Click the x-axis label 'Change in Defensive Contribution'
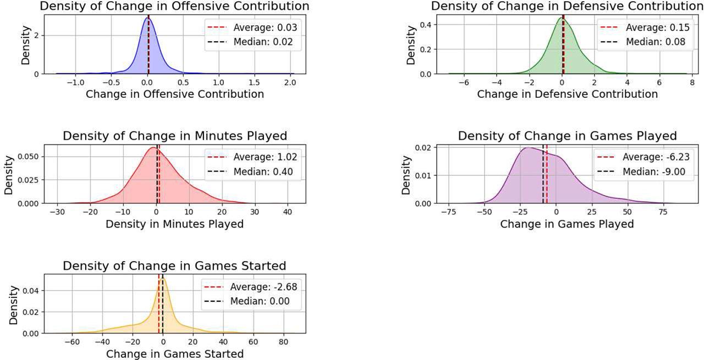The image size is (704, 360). pyautogui.click(x=567, y=94)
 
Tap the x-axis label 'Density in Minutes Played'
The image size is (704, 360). pyautogui.click(x=174, y=224)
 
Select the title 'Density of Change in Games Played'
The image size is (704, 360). pyautogui.click(x=567, y=136)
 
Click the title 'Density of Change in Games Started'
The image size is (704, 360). pyautogui.click(x=174, y=266)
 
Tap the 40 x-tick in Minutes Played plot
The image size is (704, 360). pyautogui.click(x=287, y=212)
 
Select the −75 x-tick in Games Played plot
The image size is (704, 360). pyautogui.click(x=449, y=212)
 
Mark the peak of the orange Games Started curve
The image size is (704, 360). pyautogui.click(x=163, y=278)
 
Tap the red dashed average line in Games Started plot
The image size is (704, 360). pyautogui.click(x=159, y=308)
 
